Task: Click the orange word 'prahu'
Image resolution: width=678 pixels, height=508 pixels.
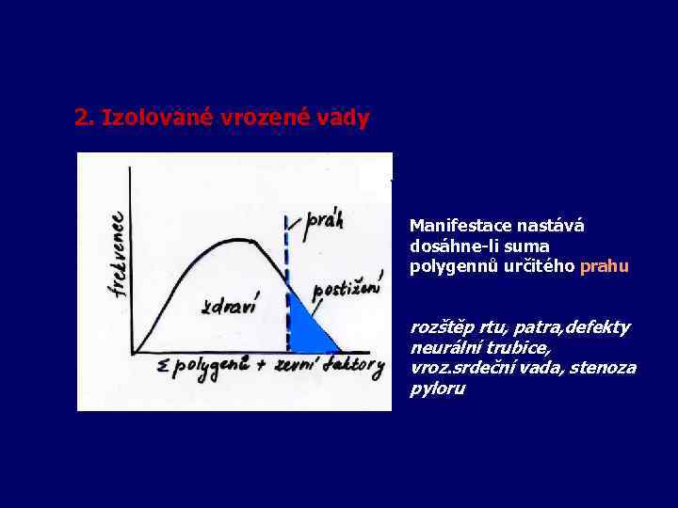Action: pos(605,266)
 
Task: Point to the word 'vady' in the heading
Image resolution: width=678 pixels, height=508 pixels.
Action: pos(344,119)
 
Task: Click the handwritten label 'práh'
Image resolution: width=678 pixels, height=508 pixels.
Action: pos(324,221)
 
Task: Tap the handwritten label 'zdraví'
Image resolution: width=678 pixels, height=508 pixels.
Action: pos(230,307)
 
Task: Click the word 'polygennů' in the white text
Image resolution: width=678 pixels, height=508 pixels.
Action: pos(446,266)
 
